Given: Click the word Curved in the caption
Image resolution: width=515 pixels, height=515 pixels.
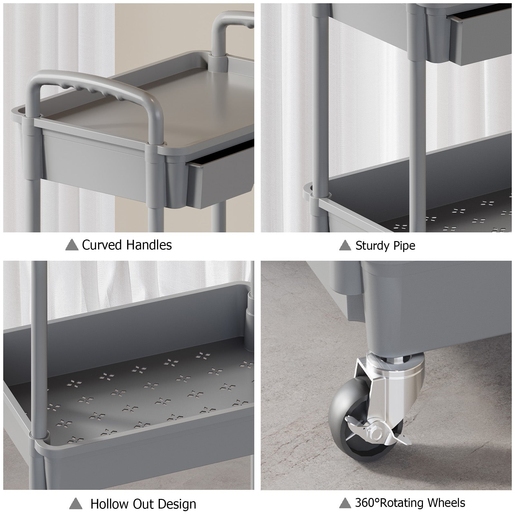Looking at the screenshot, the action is [x=102, y=245].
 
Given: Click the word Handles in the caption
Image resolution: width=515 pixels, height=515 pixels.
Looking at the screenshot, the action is [x=149, y=245].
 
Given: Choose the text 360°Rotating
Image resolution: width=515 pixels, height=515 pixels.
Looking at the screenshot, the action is [x=391, y=503].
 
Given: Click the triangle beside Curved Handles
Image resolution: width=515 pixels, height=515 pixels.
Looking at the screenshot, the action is [x=72, y=245].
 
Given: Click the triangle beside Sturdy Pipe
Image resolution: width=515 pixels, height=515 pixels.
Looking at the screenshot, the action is [x=345, y=246].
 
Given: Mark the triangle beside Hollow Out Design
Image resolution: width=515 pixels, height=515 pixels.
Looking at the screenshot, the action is [x=76, y=503].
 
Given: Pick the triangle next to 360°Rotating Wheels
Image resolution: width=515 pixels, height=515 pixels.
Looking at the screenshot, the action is [x=345, y=503].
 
